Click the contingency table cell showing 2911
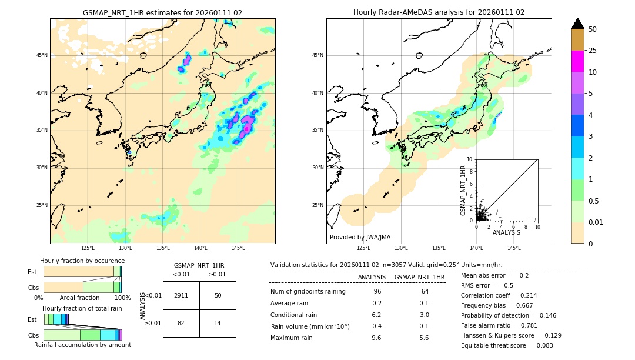click(181, 295)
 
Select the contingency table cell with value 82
click(181, 323)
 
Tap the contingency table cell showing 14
click(218, 323)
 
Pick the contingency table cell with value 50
click(218, 295)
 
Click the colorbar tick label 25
click(593, 51)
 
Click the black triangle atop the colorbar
click(578, 24)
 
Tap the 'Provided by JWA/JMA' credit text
click(360, 237)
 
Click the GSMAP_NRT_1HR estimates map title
click(162, 12)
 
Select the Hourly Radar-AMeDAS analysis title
click(439, 12)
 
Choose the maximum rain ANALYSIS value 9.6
click(377, 338)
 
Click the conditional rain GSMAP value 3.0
click(424, 315)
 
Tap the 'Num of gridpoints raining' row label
click(308, 292)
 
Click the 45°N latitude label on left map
click(42, 55)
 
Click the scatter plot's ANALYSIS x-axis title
click(506, 233)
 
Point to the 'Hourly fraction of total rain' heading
click(82, 308)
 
